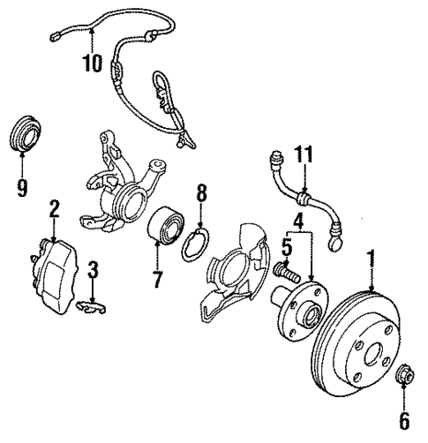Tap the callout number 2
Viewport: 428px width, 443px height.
[54, 208]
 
